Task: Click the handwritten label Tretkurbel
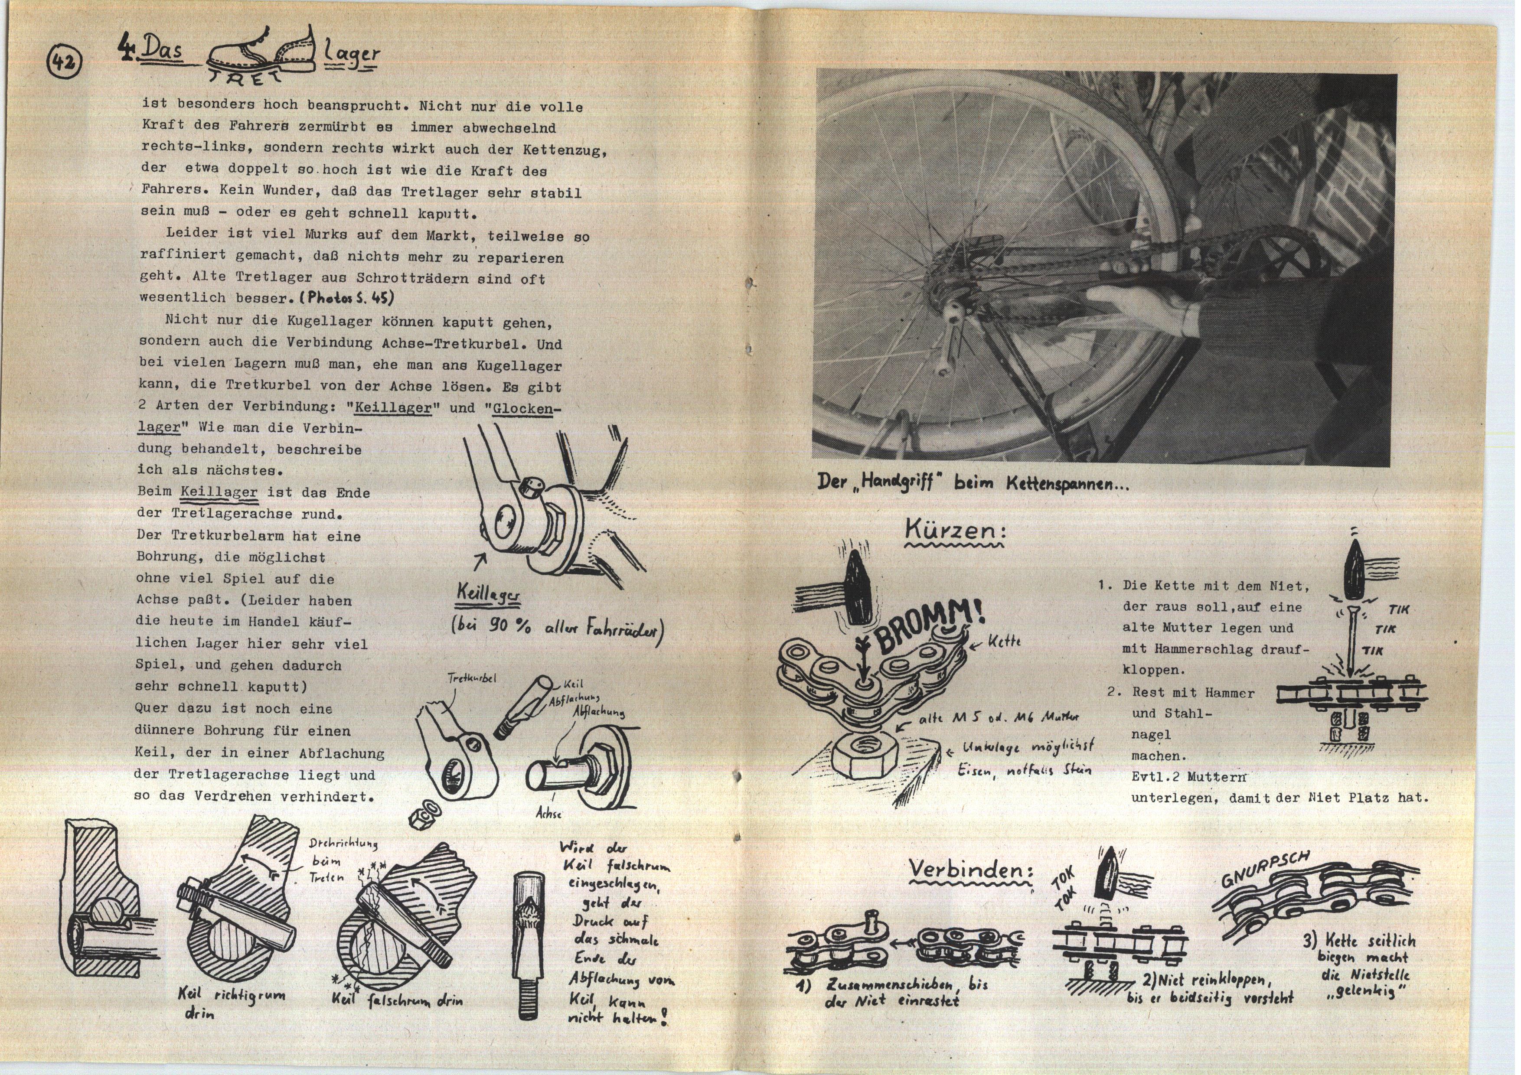point(472,678)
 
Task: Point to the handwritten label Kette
point(1004,641)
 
